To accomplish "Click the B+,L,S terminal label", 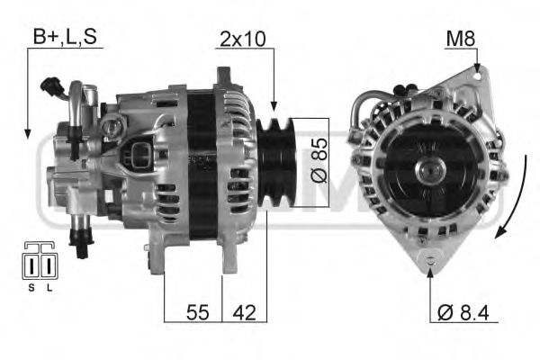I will [64, 37].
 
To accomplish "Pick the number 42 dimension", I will [243, 312].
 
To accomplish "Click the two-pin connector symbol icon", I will [37, 262].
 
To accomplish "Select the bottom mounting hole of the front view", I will [432, 261].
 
